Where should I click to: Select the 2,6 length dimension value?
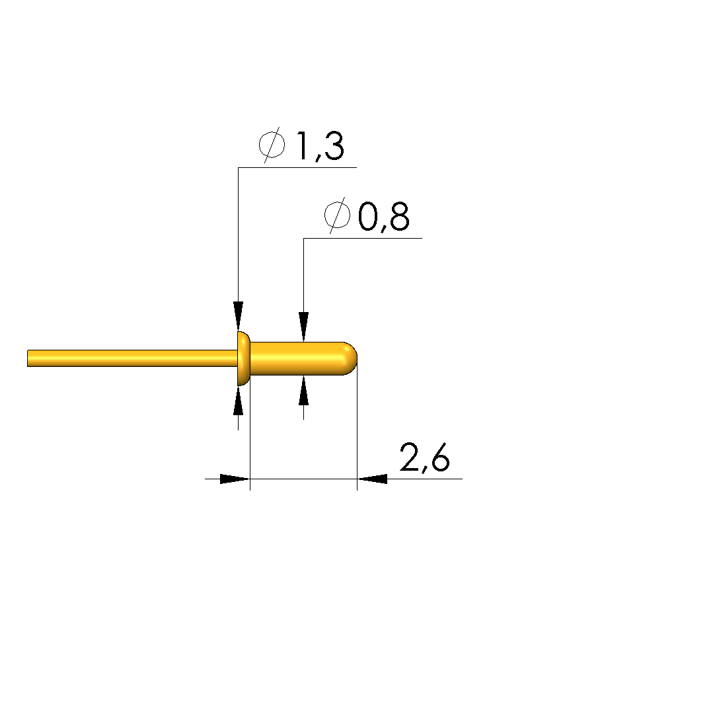coord(425,457)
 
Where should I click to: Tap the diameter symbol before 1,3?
coord(272,146)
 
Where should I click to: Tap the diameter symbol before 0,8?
coord(337,216)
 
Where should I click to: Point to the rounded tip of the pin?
coord(352,358)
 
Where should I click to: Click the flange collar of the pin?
coord(244,358)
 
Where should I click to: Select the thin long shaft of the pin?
coord(132,358)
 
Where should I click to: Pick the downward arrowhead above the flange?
coord(238,316)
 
